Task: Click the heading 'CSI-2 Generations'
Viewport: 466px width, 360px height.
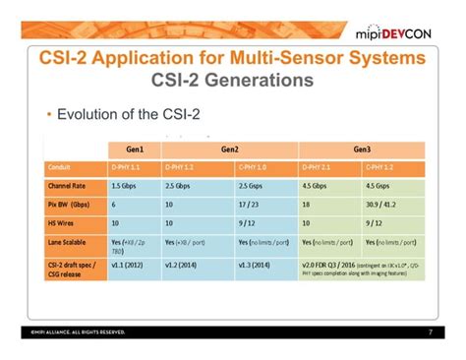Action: click(232, 79)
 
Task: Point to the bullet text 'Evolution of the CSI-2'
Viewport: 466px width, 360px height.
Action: click(128, 115)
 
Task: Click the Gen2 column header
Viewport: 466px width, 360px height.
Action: click(229, 149)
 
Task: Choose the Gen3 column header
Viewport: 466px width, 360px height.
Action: click(362, 149)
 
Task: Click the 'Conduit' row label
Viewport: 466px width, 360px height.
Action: click(60, 166)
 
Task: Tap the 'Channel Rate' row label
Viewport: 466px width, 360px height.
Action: click(69, 186)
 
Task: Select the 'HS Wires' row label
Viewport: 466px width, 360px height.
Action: click(63, 222)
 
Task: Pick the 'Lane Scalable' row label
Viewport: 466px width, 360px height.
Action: click(70, 241)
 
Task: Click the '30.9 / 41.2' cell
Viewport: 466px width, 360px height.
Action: click(386, 205)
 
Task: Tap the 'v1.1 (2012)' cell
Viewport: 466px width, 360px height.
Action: click(132, 265)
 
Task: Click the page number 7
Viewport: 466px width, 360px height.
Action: click(430, 331)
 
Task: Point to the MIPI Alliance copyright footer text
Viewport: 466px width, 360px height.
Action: click(78, 331)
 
